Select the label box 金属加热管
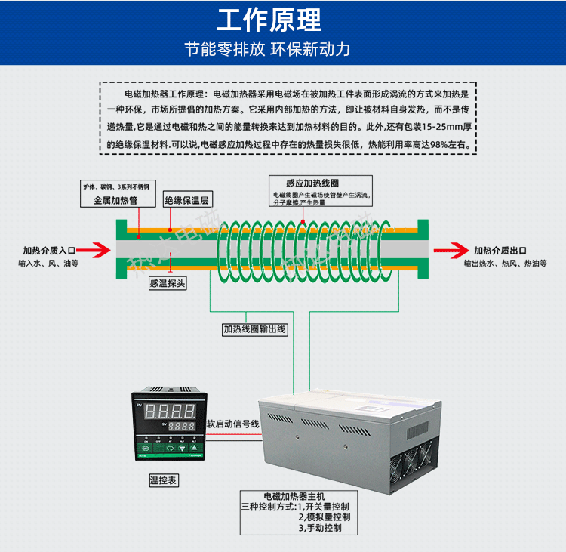(x=115, y=201)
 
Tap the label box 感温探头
(x=168, y=283)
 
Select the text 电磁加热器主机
(x=291, y=496)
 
